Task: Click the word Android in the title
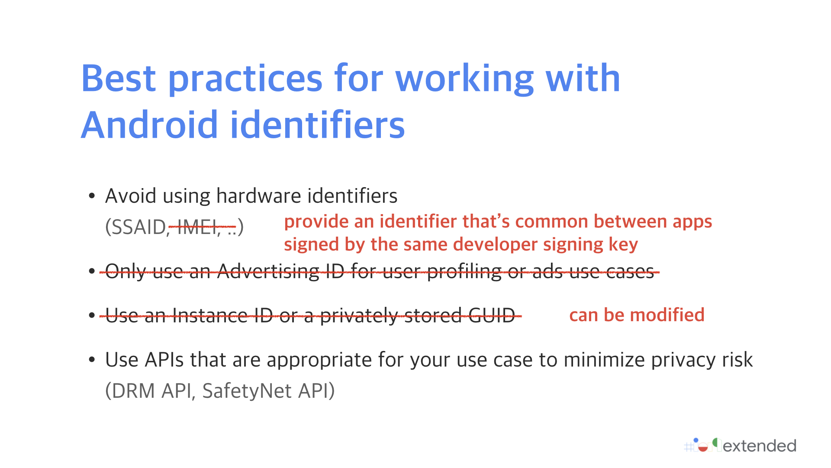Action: tap(149, 125)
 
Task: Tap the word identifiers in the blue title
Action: tap(318, 125)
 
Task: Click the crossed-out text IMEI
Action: tap(197, 227)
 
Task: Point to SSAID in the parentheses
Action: tap(136, 227)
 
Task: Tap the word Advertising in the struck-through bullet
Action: tap(268, 272)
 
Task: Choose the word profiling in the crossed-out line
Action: tap(464, 272)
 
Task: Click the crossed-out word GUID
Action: tap(492, 315)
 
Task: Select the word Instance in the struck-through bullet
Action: tap(210, 315)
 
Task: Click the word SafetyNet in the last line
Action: tap(247, 391)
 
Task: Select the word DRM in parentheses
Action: tap(134, 391)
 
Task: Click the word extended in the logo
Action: tap(760, 446)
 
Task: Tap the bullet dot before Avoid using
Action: tap(92, 196)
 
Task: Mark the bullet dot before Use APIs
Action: tap(92, 360)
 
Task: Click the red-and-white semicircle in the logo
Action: tap(703, 448)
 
